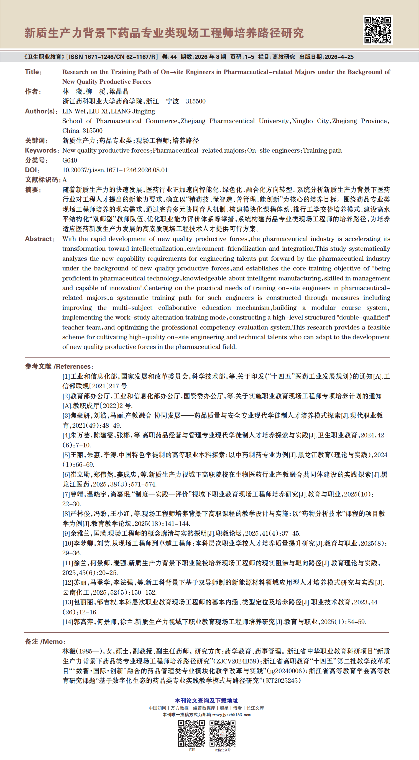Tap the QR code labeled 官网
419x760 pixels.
tap(191, 734)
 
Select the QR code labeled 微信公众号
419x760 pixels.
tap(223, 734)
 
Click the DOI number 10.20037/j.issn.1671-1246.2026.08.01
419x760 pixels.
tap(115, 170)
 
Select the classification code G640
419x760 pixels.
tap(70, 161)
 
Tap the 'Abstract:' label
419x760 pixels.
tap(39, 239)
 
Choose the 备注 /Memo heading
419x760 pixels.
tap(45, 641)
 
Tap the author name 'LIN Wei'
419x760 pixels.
tap(74, 111)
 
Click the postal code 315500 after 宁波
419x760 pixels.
tap(195, 102)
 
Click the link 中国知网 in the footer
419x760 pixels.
tap(157, 708)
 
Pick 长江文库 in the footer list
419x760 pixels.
tap(255, 708)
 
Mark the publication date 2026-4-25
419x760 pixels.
tap(339, 57)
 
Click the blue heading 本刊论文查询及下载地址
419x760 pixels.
tap(206, 701)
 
